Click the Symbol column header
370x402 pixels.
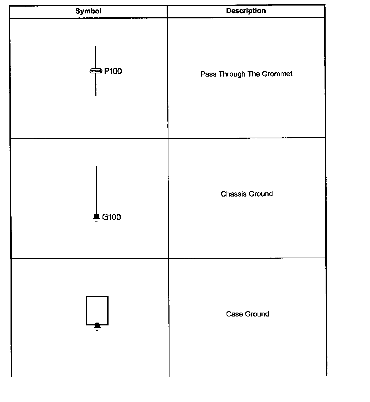88,11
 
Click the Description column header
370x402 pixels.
246,11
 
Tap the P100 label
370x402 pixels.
113,71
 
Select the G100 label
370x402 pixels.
111,217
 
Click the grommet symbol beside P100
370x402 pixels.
96,71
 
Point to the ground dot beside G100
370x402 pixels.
96,216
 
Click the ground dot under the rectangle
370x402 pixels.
97,325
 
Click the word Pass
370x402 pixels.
208,74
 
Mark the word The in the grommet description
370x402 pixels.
254,74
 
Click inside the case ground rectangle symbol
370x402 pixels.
97,309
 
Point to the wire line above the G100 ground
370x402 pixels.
96,189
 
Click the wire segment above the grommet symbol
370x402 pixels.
95,57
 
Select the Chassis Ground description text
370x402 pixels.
247,194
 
